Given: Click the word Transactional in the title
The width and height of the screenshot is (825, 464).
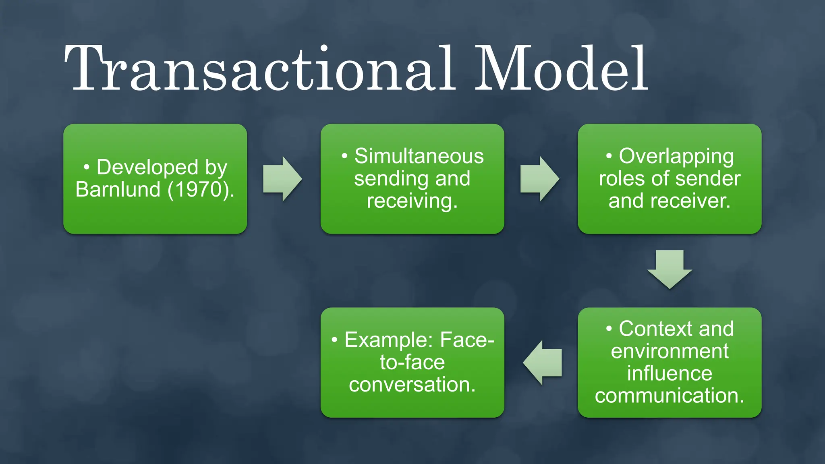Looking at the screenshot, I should click(260, 68).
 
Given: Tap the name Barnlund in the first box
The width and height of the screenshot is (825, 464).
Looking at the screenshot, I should click(118, 189).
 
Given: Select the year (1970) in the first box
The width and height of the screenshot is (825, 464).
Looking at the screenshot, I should click(200, 189).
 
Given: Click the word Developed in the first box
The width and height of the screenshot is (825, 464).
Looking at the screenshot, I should click(147, 167).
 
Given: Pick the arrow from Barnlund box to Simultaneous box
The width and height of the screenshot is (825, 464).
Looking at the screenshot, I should click(282, 179).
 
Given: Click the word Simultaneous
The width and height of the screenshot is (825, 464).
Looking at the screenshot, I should click(419, 156).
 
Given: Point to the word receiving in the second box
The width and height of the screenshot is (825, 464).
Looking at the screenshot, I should click(412, 201).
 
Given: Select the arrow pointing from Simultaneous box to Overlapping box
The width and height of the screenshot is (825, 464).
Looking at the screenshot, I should click(539, 179).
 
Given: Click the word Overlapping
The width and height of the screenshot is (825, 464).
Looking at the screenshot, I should click(676, 156).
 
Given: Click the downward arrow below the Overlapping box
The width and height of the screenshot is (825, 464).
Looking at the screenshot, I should click(670, 269).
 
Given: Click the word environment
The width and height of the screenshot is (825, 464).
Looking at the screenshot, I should click(670, 351).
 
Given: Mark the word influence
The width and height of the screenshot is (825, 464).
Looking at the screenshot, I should click(670, 373).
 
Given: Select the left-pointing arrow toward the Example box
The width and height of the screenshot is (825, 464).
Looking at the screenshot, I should click(543, 362).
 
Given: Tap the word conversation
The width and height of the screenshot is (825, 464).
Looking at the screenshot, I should click(412, 385).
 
